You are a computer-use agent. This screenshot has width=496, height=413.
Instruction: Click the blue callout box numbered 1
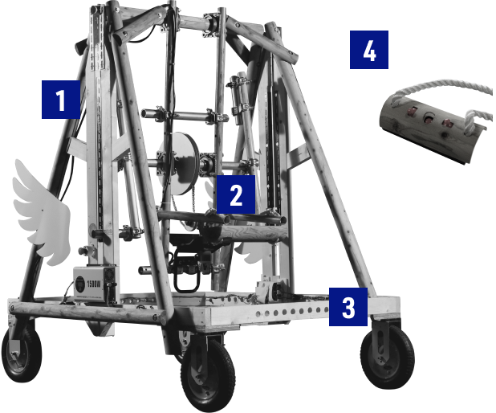(x=61, y=100)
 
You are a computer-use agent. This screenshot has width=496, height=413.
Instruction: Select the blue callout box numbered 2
(x=236, y=194)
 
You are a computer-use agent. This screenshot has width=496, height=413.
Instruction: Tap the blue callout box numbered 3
(x=348, y=307)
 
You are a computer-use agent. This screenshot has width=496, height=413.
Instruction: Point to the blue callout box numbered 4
(x=369, y=50)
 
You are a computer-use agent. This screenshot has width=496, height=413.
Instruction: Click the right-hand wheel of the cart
(x=387, y=356)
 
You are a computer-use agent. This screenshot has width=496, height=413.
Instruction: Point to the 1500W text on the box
(x=93, y=284)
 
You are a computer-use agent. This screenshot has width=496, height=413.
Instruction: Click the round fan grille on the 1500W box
(x=80, y=282)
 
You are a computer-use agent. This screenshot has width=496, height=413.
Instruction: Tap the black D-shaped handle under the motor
(x=187, y=279)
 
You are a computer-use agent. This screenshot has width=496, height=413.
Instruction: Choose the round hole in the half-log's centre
(x=429, y=119)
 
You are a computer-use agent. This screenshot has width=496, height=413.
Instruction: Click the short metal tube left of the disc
(x=151, y=113)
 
